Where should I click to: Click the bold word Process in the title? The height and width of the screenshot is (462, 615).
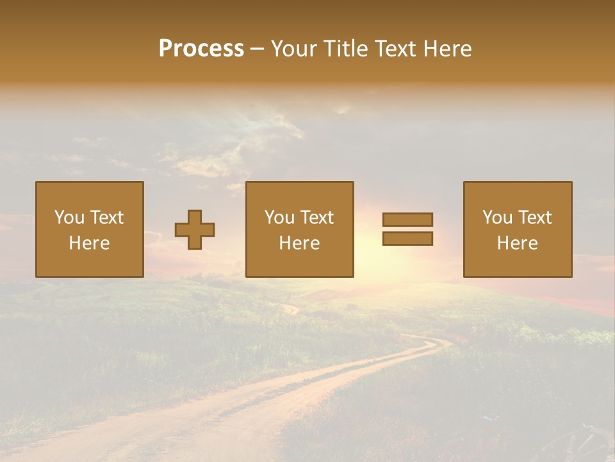point(201,49)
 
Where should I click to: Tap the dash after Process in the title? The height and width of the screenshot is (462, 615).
point(258,49)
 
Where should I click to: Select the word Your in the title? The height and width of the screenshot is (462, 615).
point(296,49)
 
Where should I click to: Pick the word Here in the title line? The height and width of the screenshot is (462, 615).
point(448,49)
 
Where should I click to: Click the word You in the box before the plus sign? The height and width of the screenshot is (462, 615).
point(69,218)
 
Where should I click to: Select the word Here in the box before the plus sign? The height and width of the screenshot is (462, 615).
point(89,243)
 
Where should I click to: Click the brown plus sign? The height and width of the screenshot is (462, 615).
point(195,230)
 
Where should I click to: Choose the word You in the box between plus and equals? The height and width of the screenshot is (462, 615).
point(279,218)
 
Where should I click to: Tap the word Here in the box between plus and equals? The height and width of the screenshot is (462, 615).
point(299,243)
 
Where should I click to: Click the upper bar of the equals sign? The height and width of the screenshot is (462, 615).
point(407,219)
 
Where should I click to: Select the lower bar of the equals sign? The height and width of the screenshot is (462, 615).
point(407,239)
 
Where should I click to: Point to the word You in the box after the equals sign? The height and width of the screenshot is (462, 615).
point(497,218)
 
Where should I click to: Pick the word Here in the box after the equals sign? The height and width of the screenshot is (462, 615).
point(517,243)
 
